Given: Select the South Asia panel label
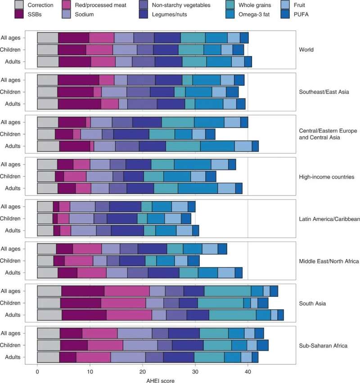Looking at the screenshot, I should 312,303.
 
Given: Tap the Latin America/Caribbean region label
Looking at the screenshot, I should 329,219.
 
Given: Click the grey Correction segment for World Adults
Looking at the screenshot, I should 48,62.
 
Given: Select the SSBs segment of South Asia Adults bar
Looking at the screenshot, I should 84,315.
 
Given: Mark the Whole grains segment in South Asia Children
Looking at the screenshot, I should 220,303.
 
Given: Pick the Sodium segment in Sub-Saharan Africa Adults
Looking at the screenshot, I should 128,357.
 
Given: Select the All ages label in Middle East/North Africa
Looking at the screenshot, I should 21,249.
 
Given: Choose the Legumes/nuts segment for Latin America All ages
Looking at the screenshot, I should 125,207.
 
